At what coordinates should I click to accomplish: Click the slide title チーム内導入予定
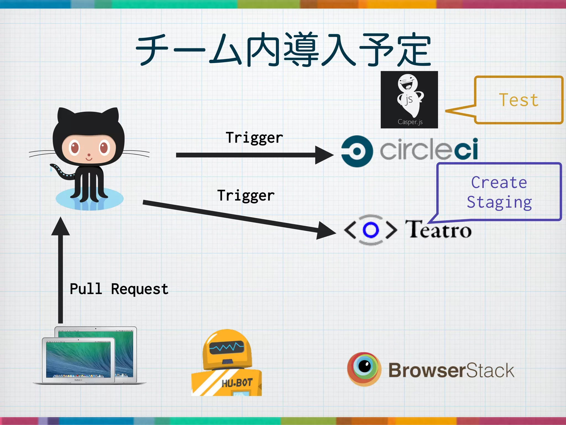pos(283,50)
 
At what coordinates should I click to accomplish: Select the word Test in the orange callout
pos(519,100)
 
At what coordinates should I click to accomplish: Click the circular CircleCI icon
pos(357,151)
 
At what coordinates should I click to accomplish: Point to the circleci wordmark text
pos(429,149)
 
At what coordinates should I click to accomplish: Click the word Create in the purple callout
pos(499,183)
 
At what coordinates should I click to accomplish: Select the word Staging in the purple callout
pos(499,202)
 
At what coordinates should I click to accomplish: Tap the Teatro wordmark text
pos(438,229)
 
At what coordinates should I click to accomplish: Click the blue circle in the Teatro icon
pos(370,230)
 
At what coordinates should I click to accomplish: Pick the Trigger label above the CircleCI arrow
pos(254,138)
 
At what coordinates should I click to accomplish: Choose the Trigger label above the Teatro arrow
pos(246,196)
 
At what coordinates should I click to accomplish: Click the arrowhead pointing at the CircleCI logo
pos(324,155)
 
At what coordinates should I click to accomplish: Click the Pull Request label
pos(119,289)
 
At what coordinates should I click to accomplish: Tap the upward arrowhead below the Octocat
pos(61,226)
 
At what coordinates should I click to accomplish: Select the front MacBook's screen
pos(78,359)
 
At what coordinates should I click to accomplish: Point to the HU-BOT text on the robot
pos(237,383)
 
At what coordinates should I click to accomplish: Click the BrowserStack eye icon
pos(364,369)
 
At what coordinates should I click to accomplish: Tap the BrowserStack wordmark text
pos(451,370)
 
